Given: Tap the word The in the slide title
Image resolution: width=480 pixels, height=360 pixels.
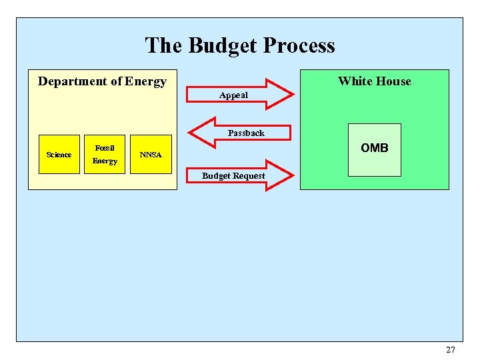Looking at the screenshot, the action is point(165,45).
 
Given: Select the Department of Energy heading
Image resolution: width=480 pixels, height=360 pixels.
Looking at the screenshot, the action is point(102,81).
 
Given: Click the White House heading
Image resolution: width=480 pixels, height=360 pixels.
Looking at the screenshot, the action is point(374,81).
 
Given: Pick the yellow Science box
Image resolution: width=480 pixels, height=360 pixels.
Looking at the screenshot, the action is point(59,155).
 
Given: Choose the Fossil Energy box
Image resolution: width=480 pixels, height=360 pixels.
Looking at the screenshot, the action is point(105,154).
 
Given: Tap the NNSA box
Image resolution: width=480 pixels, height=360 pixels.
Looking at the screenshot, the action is point(151,155).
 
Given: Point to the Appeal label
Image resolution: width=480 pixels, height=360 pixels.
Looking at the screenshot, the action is point(233,95).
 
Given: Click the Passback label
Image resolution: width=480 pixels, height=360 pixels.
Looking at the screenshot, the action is point(246,133).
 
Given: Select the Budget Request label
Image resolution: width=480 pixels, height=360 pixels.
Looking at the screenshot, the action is point(233,176).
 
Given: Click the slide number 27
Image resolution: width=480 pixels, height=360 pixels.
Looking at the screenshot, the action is point(451,350).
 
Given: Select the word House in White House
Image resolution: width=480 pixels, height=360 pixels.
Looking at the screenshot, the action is point(393,81).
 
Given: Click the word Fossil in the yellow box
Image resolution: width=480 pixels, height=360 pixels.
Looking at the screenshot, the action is point(105,147).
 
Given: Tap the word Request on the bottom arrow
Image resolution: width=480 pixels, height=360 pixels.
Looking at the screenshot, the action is point(248,176).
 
